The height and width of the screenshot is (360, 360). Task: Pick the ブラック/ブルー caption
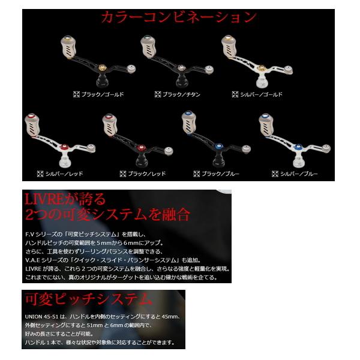pyautogui.click(x=223, y=173)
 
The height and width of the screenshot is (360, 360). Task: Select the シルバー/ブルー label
pyautogui.click(x=301, y=173)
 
